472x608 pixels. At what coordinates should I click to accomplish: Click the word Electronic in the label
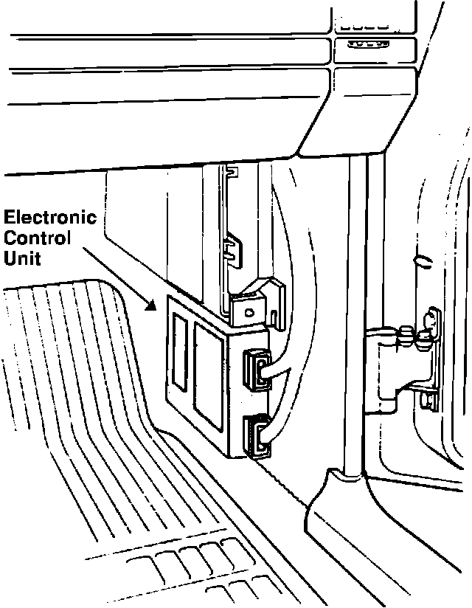50,218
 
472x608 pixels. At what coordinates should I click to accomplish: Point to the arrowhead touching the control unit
152,304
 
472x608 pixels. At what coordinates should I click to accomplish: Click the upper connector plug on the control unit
255,368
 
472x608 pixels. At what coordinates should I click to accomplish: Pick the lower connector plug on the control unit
255,435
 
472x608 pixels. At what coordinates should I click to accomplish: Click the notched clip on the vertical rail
233,249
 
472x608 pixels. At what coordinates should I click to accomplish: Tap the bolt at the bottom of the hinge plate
426,401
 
